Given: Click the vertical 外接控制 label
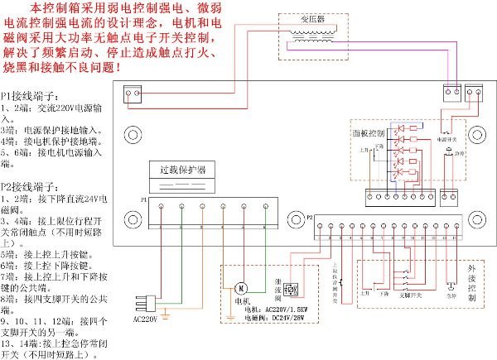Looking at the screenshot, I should [471, 281].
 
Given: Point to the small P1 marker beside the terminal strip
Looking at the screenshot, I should [143, 201].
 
